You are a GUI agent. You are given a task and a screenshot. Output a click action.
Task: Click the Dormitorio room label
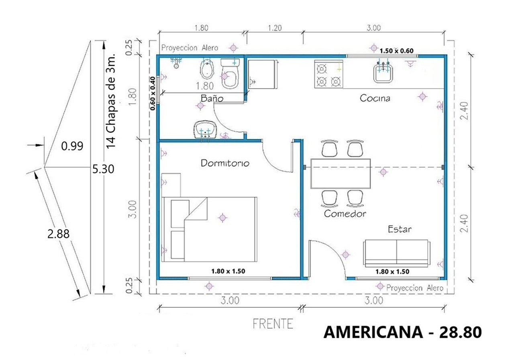click(x=225, y=163)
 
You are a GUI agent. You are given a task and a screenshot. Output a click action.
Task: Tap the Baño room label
click(x=212, y=98)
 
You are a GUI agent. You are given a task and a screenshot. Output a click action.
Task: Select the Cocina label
click(x=375, y=98)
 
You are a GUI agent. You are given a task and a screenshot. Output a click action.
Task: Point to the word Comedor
click(x=345, y=214)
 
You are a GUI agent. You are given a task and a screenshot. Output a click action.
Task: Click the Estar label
click(x=399, y=229)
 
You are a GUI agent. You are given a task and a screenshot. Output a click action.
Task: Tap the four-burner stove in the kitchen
click(x=328, y=74)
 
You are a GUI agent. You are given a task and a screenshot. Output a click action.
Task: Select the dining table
click(x=341, y=173)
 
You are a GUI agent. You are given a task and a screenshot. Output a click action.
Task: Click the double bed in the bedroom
click(x=209, y=229)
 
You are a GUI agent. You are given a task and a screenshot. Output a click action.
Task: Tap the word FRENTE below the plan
click(x=273, y=323)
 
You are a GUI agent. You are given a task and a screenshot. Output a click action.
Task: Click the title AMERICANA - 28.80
click(x=402, y=333)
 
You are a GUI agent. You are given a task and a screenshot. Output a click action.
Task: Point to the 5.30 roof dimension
click(x=103, y=169)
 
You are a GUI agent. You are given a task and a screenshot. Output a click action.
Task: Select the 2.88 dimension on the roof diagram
click(x=59, y=234)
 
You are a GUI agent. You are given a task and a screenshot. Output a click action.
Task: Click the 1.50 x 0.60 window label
click(x=396, y=50)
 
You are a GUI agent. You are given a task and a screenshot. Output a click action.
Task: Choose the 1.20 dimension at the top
click(x=275, y=28)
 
